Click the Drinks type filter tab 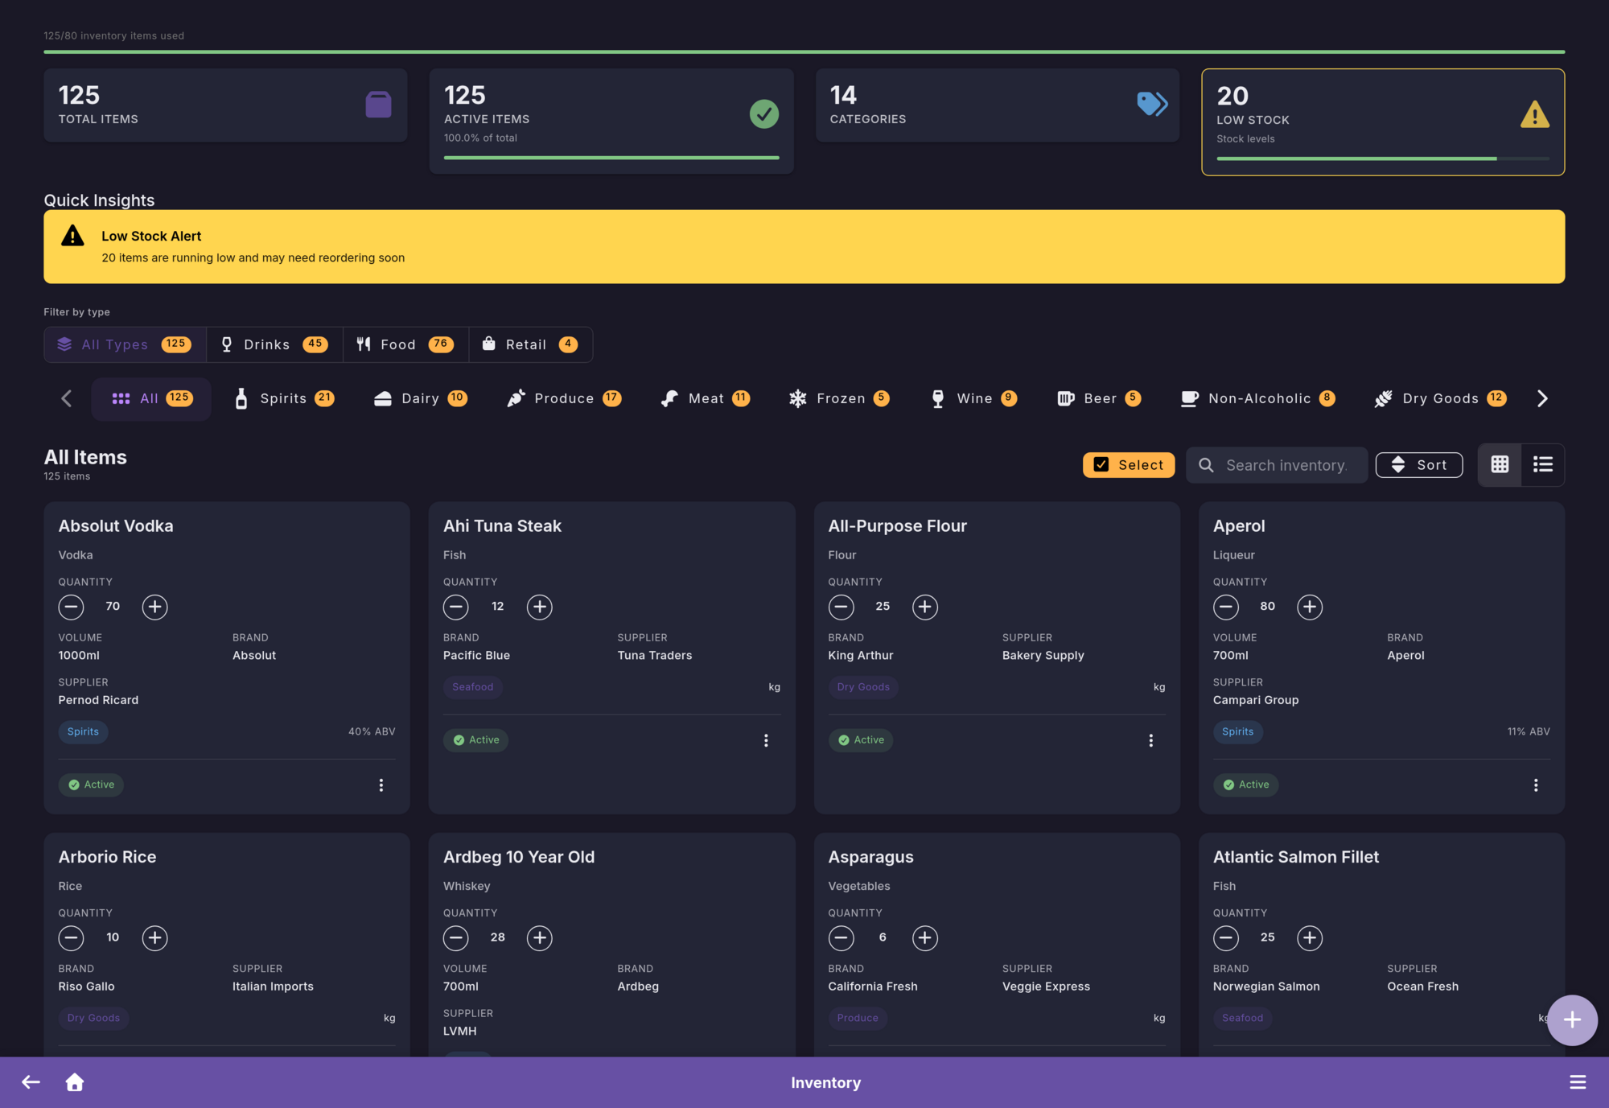coord(274,344)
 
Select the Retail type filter coord(530,344)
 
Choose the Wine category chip coord(973,398)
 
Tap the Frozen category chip coord(839,398)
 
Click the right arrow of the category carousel coord(1542,398)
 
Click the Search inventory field coord(1285,465)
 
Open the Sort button coord(1419,465)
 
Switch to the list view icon coord(1542,464)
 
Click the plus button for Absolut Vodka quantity coord(154,607)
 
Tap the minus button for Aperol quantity coord(1225,607)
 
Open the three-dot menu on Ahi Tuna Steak coord(766,740)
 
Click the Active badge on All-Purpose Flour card coord(861,740)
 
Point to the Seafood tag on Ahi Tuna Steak coord(472,687)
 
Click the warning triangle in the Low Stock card coord(1534,115)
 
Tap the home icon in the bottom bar coord(75,1082)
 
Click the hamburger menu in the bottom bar coord(1578,1082)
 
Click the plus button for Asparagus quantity coord(924,937)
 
